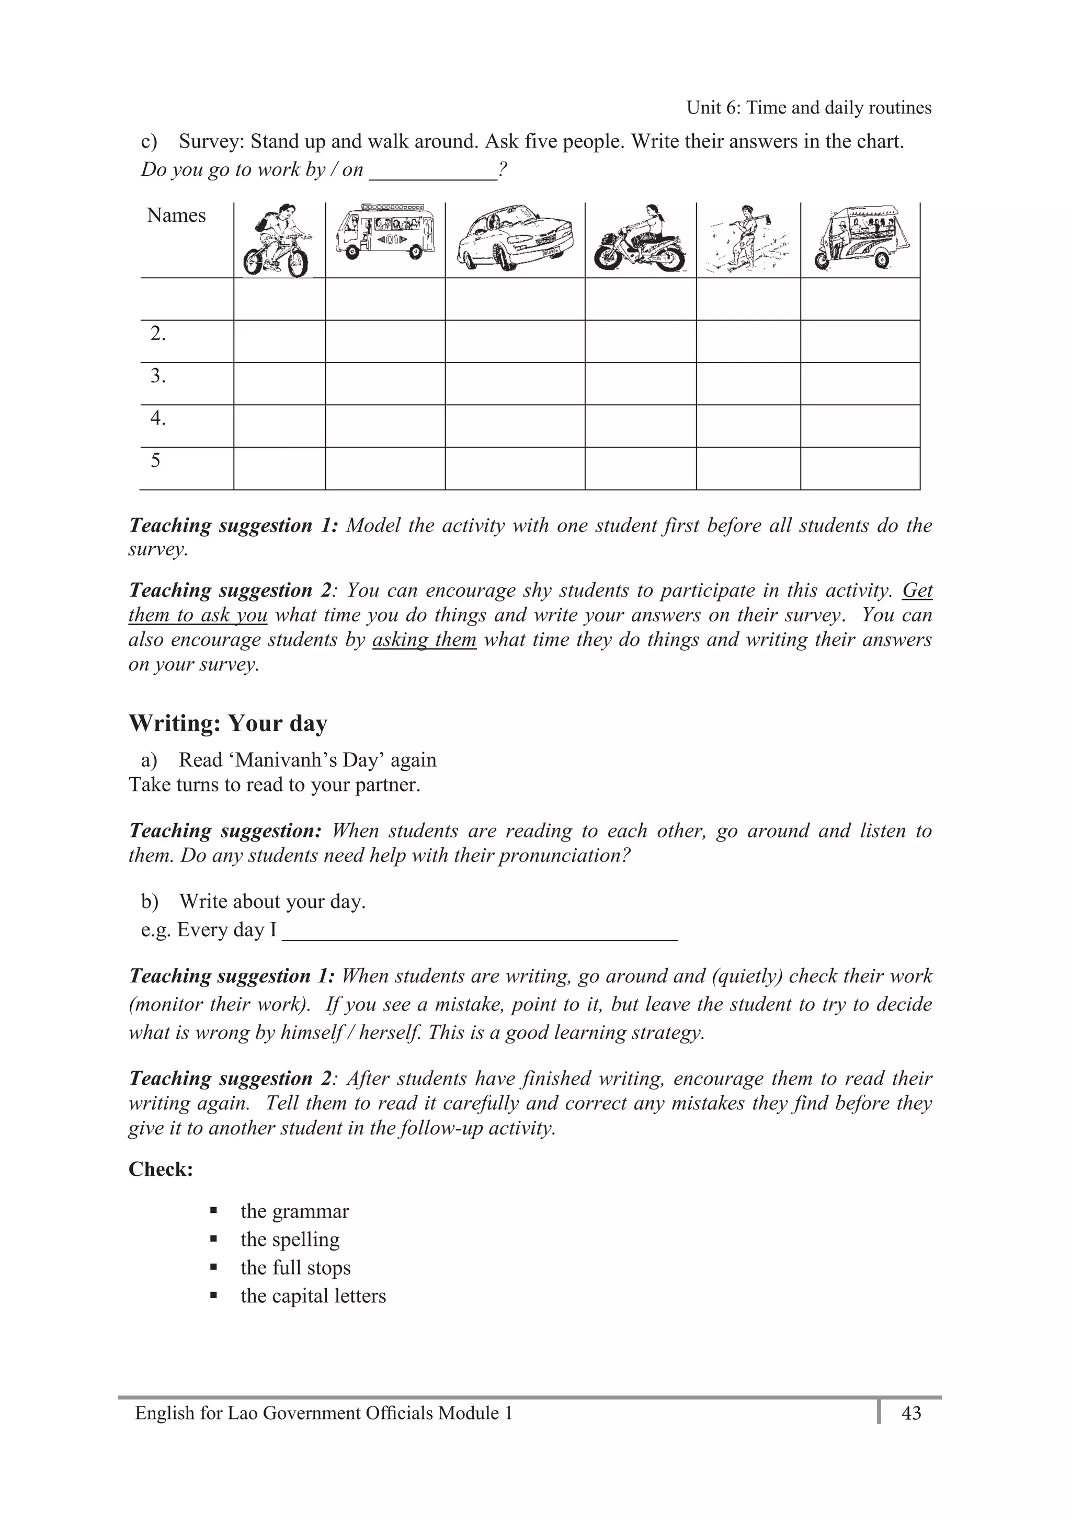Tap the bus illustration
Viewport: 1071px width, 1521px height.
click(x=385, y=232)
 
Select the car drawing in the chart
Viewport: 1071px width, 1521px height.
click(x=515, y=237)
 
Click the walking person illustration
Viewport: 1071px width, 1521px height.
click(x=747, y=239)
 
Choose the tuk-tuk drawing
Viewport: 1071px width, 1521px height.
click(x=860, y=236)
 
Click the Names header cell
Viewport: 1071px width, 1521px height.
click(x=176, y=216)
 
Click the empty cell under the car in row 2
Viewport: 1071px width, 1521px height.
click(x=515, y=341)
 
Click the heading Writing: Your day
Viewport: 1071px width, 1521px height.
click(x=228, y=723)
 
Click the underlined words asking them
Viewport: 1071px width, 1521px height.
click(x=424, y=640)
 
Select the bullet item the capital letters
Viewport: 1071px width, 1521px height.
click(x=313, y=1296)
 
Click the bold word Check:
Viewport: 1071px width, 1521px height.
click(x=161, y=1169)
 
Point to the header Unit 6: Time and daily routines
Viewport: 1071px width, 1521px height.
click(x=808, y=108)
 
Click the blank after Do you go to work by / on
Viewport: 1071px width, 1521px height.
click(x=432, y=171)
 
